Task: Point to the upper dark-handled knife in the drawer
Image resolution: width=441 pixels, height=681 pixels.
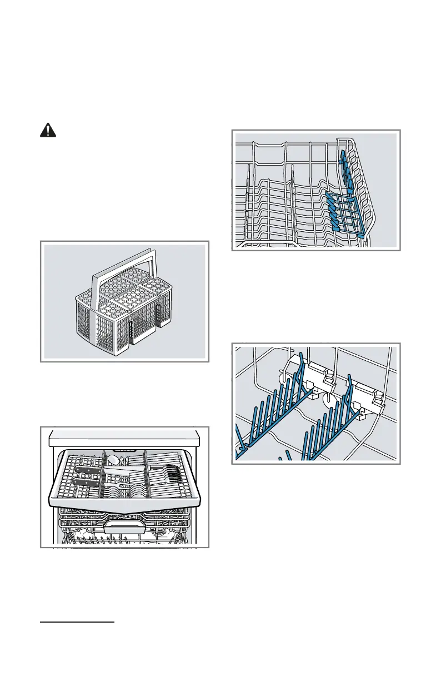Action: point(89,470)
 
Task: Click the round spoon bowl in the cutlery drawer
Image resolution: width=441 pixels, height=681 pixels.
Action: point(113,459)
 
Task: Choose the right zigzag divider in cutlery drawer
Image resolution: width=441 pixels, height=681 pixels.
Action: point(146,473)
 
